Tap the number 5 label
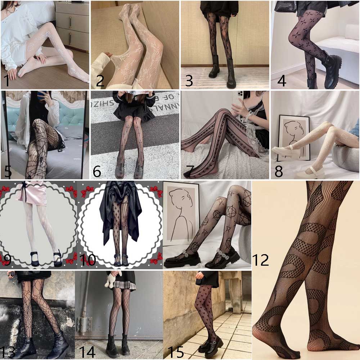[x=7, y=171]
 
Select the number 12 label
[x=260, y=259]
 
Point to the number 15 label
[x=176, y=352]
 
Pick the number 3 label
[x=189, y=81]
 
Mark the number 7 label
[x=189, y=171]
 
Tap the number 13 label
[x=8, y=352]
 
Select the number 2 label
[x=100, y=81]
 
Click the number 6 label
[x=97, y=171]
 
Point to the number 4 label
[x=282, y=81]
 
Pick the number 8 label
[x=279, y=171]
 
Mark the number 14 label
[x=87, y=352]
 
